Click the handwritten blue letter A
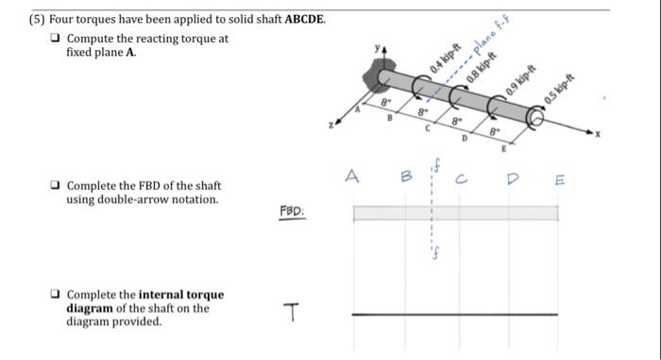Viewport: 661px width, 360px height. tap(352, 175)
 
